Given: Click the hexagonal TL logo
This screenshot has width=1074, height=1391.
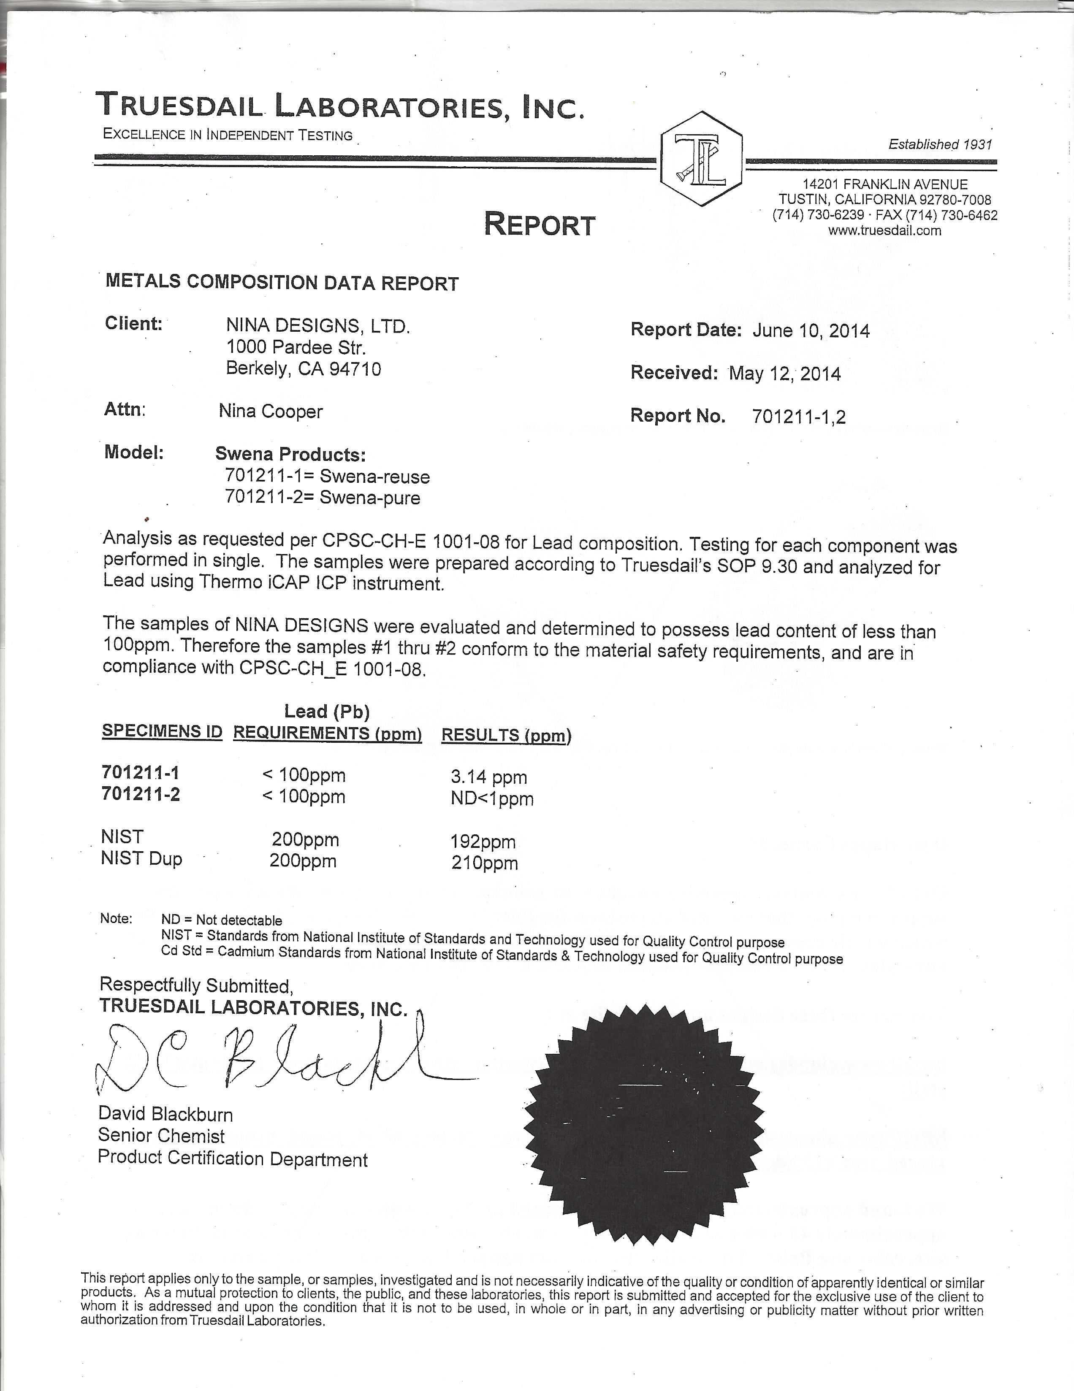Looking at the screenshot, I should point(701,158).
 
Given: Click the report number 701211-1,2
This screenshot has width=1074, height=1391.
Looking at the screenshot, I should point(799,417).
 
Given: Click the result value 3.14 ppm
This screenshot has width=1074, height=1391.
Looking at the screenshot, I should point(488,777).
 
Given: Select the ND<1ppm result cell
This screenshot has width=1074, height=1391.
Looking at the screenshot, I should point(492,798).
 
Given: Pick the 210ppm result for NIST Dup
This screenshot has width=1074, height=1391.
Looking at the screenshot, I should point(484,863).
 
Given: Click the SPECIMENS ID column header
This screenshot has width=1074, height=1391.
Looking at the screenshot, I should point(162,731).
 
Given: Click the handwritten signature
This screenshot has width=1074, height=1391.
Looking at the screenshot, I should point(268,1061).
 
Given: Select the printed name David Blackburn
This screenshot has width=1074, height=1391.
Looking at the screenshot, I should point(165,1114).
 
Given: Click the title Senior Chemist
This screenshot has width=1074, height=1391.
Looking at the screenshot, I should point(161,1136).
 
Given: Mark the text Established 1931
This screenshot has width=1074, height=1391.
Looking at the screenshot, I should point(940,145).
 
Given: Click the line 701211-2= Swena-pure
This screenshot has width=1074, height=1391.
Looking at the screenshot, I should point(323,498).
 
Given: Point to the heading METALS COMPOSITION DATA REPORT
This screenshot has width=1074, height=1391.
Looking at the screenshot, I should point(282,282).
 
